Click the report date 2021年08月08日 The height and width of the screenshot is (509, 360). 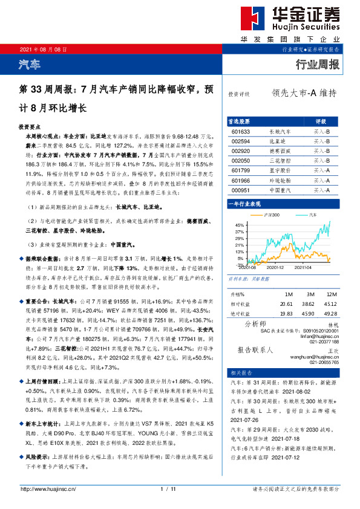(x=43, y=49)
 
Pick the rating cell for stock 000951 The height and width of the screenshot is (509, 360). (x=321, y=190)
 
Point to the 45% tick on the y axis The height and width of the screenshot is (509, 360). (x=241, y=224)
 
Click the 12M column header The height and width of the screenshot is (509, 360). (x=330, y=294)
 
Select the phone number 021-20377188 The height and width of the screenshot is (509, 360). (x=325, y=342)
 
